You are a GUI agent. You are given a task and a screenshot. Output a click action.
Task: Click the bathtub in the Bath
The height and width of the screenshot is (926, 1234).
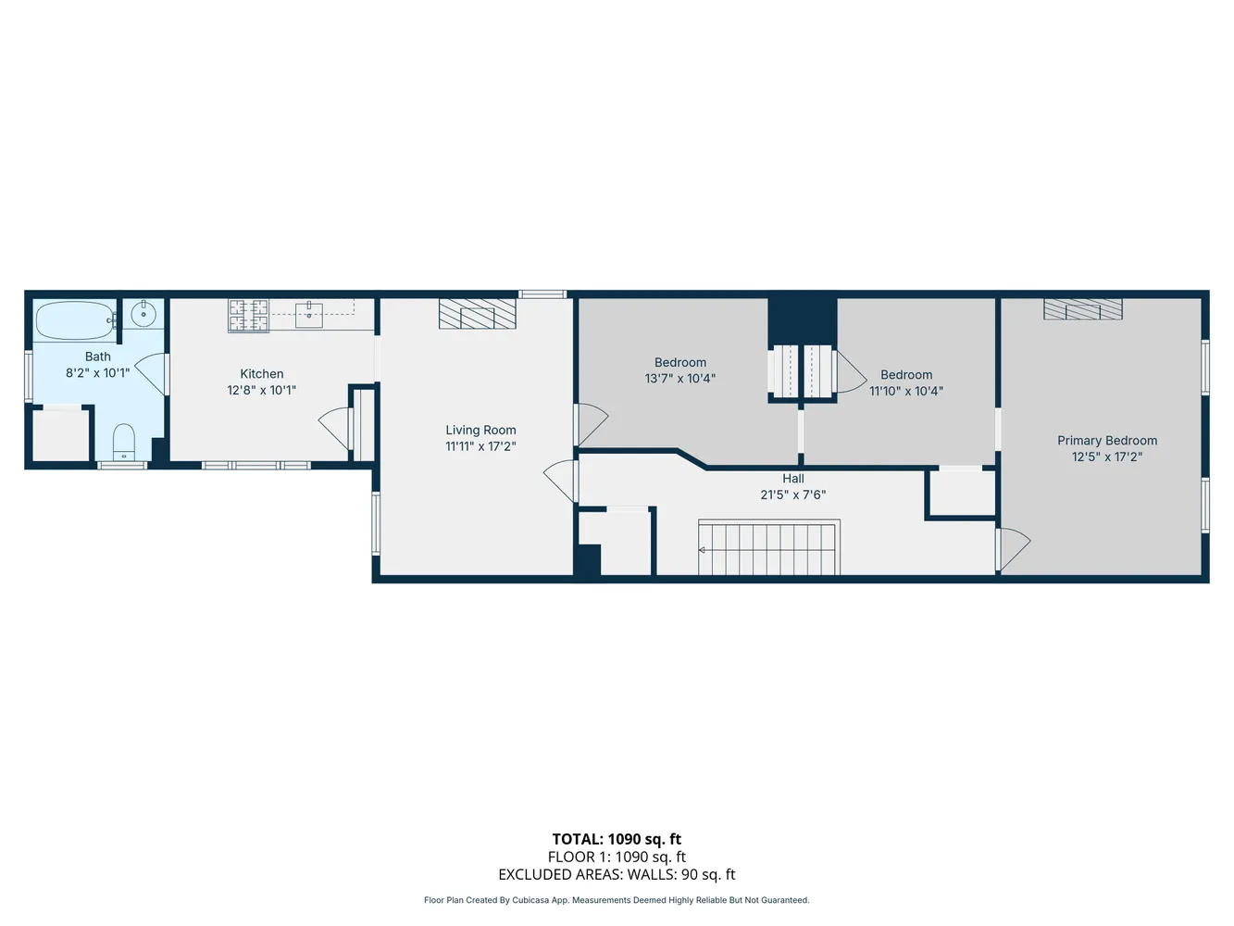[x=74, y=321]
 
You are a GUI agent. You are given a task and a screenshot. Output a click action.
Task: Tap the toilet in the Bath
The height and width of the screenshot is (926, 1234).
[x=124, y=442]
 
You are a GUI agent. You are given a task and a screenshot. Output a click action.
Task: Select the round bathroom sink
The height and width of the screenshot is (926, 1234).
[x=143, y=315]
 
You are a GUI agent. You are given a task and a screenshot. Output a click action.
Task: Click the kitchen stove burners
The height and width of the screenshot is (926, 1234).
[x=249, y=316]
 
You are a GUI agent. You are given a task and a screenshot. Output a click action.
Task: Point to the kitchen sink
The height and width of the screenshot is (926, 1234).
[x=308, y=315]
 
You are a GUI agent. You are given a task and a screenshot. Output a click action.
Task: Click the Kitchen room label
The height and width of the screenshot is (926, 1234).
[x=262, y=374]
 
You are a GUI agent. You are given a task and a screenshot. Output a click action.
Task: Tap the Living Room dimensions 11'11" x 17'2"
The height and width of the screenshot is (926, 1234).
[x=480, y=446]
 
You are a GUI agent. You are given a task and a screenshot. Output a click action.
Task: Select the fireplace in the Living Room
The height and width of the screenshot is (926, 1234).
[x=478, y=314]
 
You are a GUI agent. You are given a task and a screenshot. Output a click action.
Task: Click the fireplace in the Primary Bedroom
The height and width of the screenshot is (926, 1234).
[x=1082, y=309]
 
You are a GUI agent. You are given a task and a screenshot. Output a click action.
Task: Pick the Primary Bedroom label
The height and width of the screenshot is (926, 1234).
[x=1107, y=441]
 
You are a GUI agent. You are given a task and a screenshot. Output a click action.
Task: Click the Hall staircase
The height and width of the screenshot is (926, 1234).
[x=769, y=548]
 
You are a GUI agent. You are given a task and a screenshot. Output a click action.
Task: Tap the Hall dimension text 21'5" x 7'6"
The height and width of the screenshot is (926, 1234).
[x=792, y=495]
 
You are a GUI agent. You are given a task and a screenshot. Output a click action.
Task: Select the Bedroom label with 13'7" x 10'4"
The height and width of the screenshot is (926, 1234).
[x=680, y=363]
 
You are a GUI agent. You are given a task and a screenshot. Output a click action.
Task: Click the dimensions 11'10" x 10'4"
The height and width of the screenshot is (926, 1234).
[x=906, y=391]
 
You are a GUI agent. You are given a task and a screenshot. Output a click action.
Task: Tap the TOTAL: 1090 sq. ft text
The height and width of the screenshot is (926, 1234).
[x=617, y=840]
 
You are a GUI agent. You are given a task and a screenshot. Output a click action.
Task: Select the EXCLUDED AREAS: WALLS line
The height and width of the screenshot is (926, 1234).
[x=617, y=874]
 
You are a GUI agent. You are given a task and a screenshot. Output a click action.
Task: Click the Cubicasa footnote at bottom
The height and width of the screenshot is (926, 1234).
[x=617, y=900]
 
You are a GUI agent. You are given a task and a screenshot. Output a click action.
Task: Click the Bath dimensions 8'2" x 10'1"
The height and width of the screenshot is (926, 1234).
[x=97, y=373]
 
